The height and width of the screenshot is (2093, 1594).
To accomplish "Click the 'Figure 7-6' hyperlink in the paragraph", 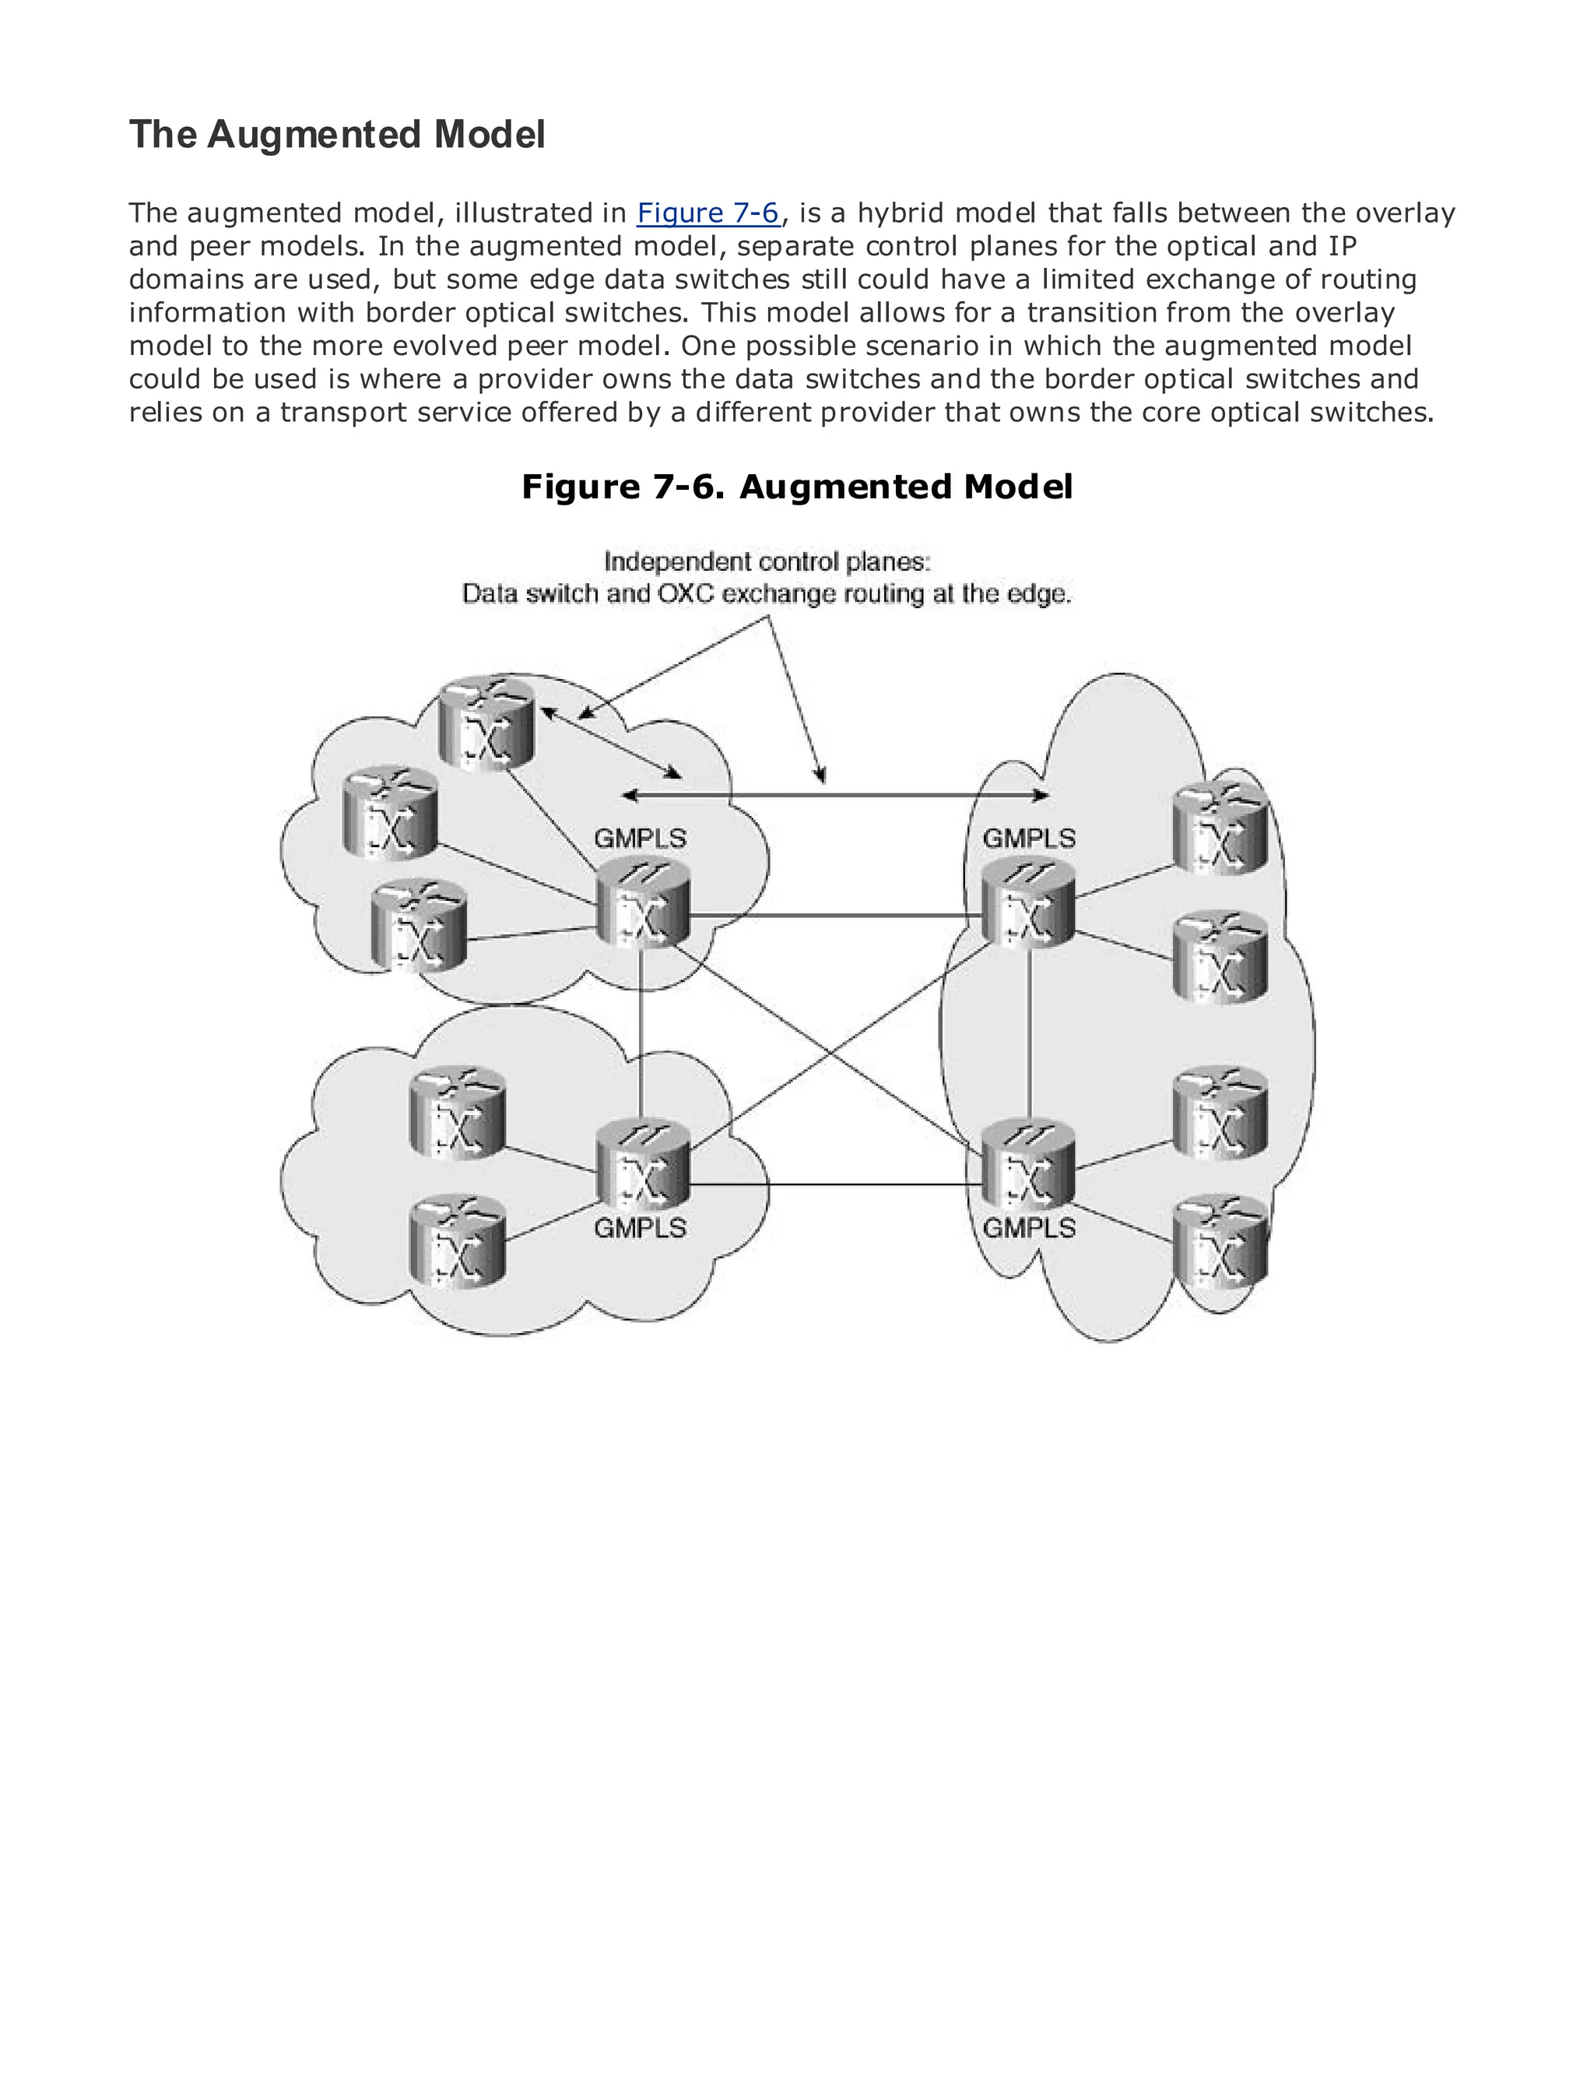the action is (707, 213).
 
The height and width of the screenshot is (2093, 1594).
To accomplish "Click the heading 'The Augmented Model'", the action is (337, 135).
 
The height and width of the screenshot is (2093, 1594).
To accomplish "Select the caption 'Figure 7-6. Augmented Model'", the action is (797, 487).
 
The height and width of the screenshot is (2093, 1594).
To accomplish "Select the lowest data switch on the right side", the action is (1220, 1240).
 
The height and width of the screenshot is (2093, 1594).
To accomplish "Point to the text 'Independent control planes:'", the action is (767, 562).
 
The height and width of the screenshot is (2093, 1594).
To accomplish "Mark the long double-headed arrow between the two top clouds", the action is (835, 796).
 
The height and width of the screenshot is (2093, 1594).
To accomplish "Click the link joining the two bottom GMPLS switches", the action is (835, 1184).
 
